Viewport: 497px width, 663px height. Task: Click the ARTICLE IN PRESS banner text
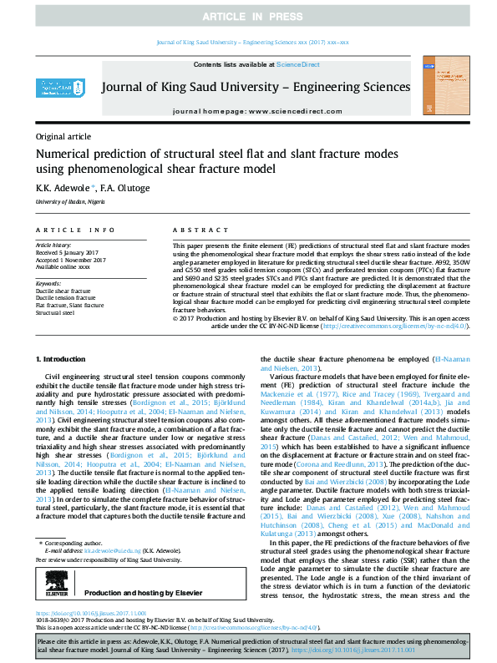click(x=248, y=17)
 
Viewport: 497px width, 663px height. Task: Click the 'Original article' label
click(x=63, y=136)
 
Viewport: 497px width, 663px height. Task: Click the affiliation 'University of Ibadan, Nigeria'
click(x=70, y=202)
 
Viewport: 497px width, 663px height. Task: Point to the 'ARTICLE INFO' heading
click(x=75, y=230)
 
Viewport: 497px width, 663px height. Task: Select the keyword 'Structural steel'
click(x=57, y=312)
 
